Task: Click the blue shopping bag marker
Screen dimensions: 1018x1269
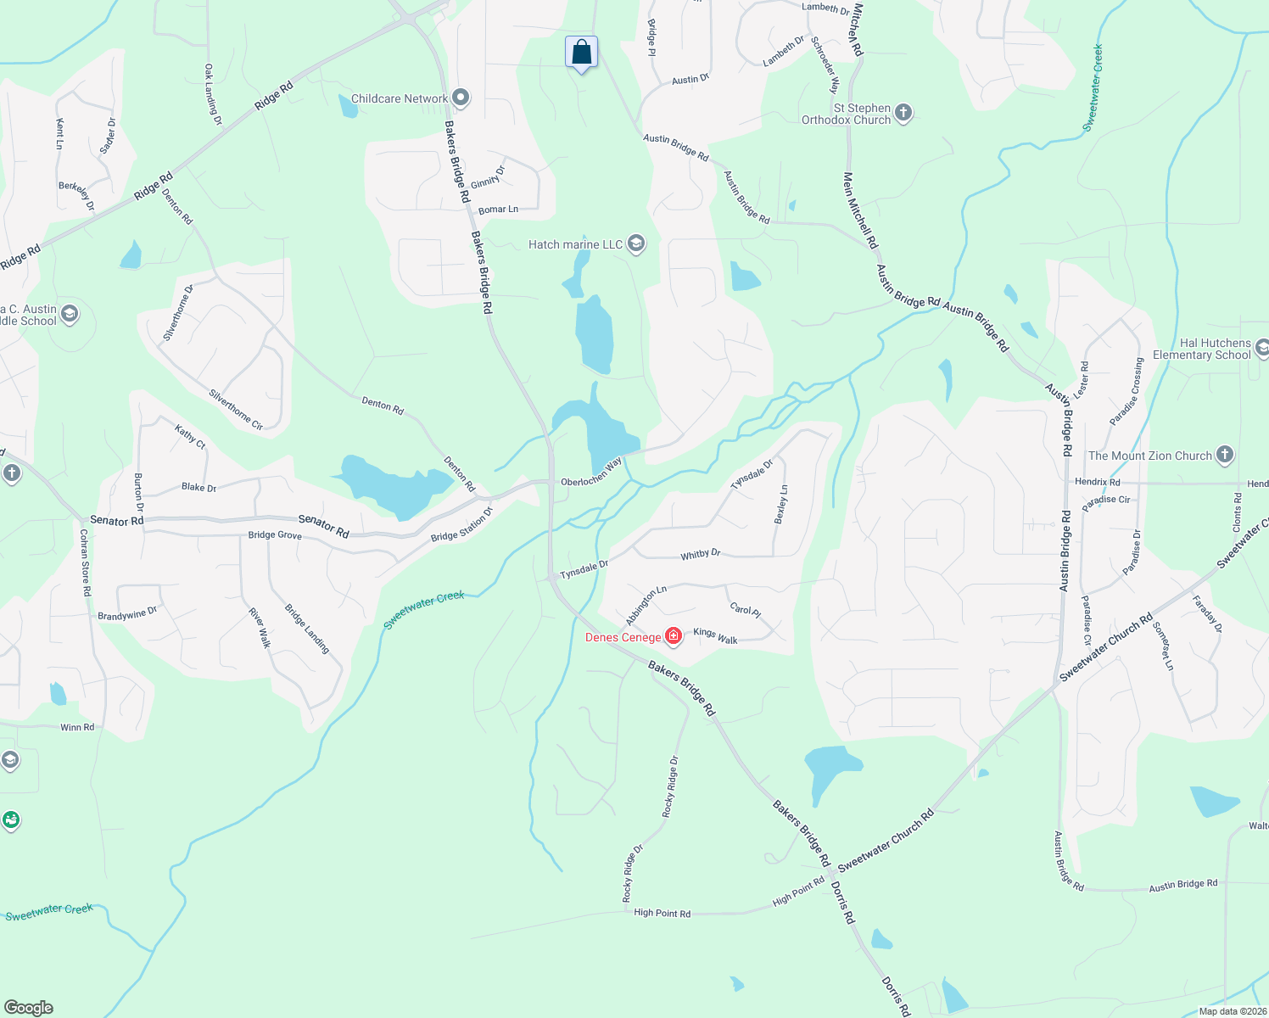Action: (x=581, y=53)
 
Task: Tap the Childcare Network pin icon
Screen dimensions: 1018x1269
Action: (x=461, y=98)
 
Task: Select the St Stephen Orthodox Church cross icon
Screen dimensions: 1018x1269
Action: (x=903, y=113)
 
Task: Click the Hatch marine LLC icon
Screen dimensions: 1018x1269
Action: (x=635, y=244)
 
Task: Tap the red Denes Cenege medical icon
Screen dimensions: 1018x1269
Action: (x=674, y=636)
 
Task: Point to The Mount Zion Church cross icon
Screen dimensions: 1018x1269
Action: (x=1224, y=455)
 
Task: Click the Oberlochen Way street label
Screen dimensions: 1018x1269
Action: (x=591, y=473)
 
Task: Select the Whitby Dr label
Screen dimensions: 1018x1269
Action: (x=700, y=554)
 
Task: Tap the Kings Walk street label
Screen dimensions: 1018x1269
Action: (x=715, y=636)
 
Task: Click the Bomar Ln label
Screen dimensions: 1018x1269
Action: (x=498, y=210)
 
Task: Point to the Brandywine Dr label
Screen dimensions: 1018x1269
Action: (x=127, y=614)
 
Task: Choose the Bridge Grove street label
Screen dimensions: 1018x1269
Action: (x=275, y=534)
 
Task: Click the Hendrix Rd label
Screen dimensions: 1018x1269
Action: (x=1097, y=482)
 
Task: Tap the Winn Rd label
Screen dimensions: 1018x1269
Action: (x=77, y=727)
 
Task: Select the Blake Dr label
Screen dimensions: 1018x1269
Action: (x=198, y=488)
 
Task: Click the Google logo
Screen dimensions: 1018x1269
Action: (x=28, y=1008)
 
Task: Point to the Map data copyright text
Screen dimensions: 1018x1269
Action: (x=1232, y=1011)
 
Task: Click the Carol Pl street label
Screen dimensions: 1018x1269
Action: (x=745, y=609)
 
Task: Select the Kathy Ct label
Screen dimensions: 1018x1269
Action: (x=190, y=436)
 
